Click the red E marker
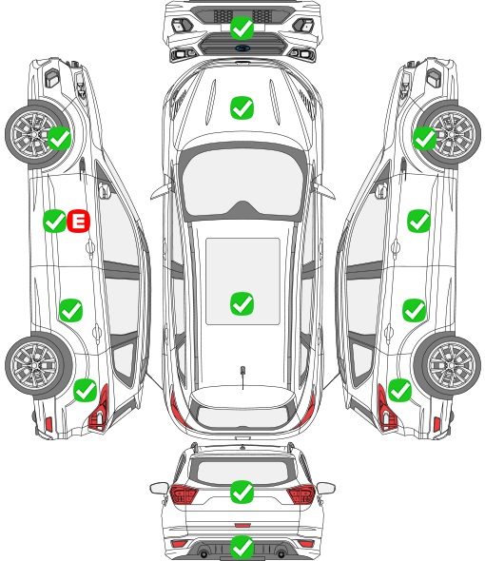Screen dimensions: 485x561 (78, 222)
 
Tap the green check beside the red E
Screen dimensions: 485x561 (54, 222)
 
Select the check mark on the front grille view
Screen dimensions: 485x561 (242, 28)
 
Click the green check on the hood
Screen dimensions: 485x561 (242, 107)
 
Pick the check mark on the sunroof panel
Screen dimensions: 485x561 (242, 303)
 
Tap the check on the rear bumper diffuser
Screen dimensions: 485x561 (242, 547)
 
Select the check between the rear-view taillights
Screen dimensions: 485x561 (242, 492)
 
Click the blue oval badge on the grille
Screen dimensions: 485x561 (242, 48)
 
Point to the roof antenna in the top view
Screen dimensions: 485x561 (242, 372)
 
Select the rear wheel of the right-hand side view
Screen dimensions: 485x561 (449, 366)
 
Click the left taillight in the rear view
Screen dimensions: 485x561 (184, 494)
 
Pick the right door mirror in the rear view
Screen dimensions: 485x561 (326, 488)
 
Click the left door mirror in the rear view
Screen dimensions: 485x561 (159, 488)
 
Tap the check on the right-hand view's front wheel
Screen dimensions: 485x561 (425, 139)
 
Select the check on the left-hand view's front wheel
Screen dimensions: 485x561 (59, 139)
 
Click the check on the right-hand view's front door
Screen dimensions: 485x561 (418, 222)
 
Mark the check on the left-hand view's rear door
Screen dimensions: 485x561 (71, 311)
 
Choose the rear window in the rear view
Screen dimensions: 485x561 (242, 472)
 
